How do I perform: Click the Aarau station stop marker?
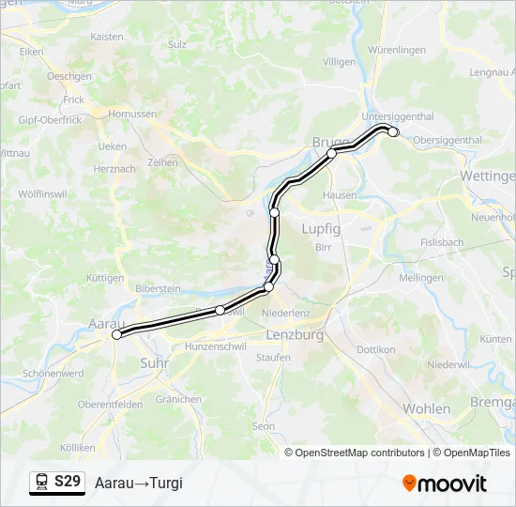pyautogui.click(x=117, y=334)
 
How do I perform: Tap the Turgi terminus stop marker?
pyautogui.click(x=393, y=132)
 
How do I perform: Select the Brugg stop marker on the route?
pyautogui.click(x=331, y=153)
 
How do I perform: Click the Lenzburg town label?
pyautogui.click(x=295, y=334)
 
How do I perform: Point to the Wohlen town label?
pyautogui.click(x=426, y=408)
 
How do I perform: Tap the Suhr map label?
pyautogui.click(x=153, y=361)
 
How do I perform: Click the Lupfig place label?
pyautogui.click(x=321, y=228)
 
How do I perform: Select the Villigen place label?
pyautogui.click(x=339, y=61)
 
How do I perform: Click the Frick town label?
pyautogui.click(x=73, y=100)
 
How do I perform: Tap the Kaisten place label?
pyautogui.click(x=107, y=37)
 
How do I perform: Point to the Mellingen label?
pyautogui.click(x=420, y=278)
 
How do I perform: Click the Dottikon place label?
pyautogui.click(x=376, y=349)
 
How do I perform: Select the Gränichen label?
pyautogui.click(x=178, y=399)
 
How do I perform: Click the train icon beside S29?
pyautogui.click(x=42, y=483)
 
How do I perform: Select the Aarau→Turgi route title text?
pyautogui.click(x=138, y=484)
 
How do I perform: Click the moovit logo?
pyautogui.click(x=445, y=484)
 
